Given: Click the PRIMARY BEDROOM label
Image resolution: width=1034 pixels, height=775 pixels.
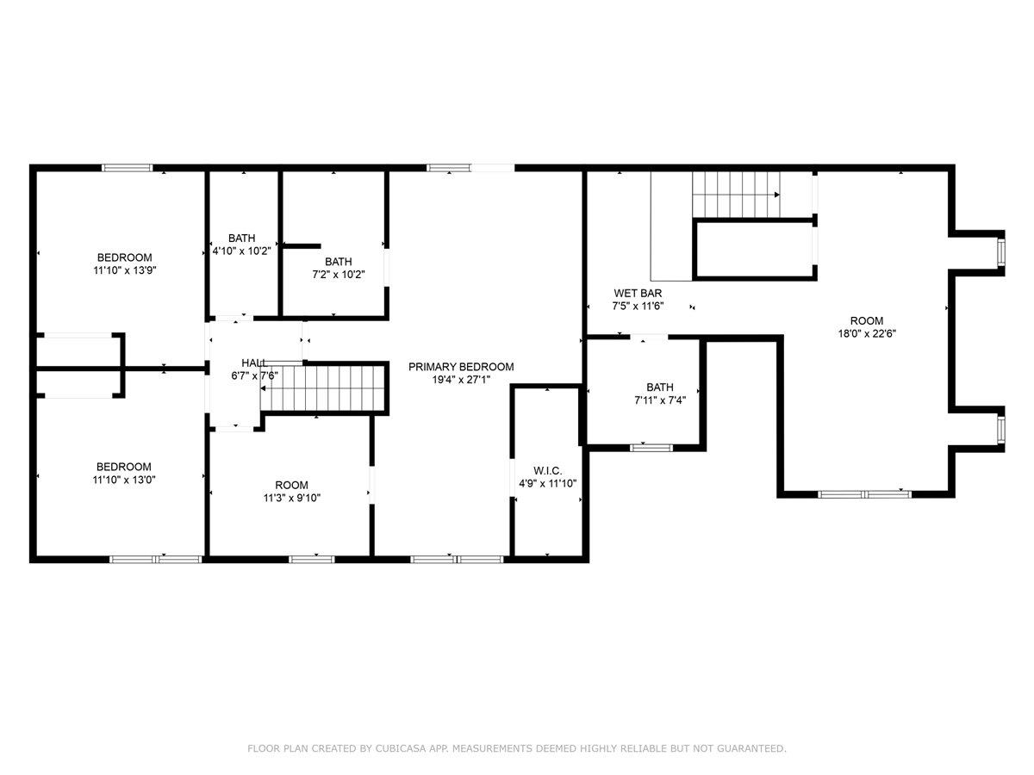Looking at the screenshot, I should click(x=461, y=367).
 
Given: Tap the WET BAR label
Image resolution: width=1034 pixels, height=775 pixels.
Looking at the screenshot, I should click(x=637, y=293).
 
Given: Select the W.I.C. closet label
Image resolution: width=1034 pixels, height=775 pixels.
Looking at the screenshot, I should click(x=547, y=470).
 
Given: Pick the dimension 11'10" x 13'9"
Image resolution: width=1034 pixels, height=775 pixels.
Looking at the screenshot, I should click(x=125, y=270).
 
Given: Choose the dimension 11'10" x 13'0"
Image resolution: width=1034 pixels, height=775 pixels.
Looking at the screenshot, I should click(x=125, y=480).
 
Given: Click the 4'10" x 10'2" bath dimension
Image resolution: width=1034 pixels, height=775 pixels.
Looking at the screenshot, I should click(x=242, y=251).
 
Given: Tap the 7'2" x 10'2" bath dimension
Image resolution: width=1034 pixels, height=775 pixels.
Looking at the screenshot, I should click(x=338, y=275).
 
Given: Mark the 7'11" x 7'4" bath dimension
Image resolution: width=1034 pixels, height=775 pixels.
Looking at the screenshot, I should click(x=660, y=400).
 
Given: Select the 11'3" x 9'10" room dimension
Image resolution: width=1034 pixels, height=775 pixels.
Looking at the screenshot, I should click(x=291, y=498).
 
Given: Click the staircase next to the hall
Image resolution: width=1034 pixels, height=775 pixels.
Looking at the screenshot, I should click(x=322, y=388).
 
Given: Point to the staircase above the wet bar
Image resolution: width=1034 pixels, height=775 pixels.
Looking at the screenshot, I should click(x=737, y=194).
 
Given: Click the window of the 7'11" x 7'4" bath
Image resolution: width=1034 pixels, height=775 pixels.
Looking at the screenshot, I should click(x=651, y=447).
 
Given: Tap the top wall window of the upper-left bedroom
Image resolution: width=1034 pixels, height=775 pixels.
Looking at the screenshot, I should click(x=128, y=168).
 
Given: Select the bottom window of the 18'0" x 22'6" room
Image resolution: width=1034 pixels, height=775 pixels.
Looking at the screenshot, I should click(x=864, y=493).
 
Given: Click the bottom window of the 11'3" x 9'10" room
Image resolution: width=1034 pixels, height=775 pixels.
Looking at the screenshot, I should click(x=311, y=559).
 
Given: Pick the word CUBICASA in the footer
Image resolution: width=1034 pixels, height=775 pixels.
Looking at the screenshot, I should click(x=399, y=749).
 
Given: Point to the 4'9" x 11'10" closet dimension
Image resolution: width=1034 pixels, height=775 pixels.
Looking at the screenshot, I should click(x=547, y=483).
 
